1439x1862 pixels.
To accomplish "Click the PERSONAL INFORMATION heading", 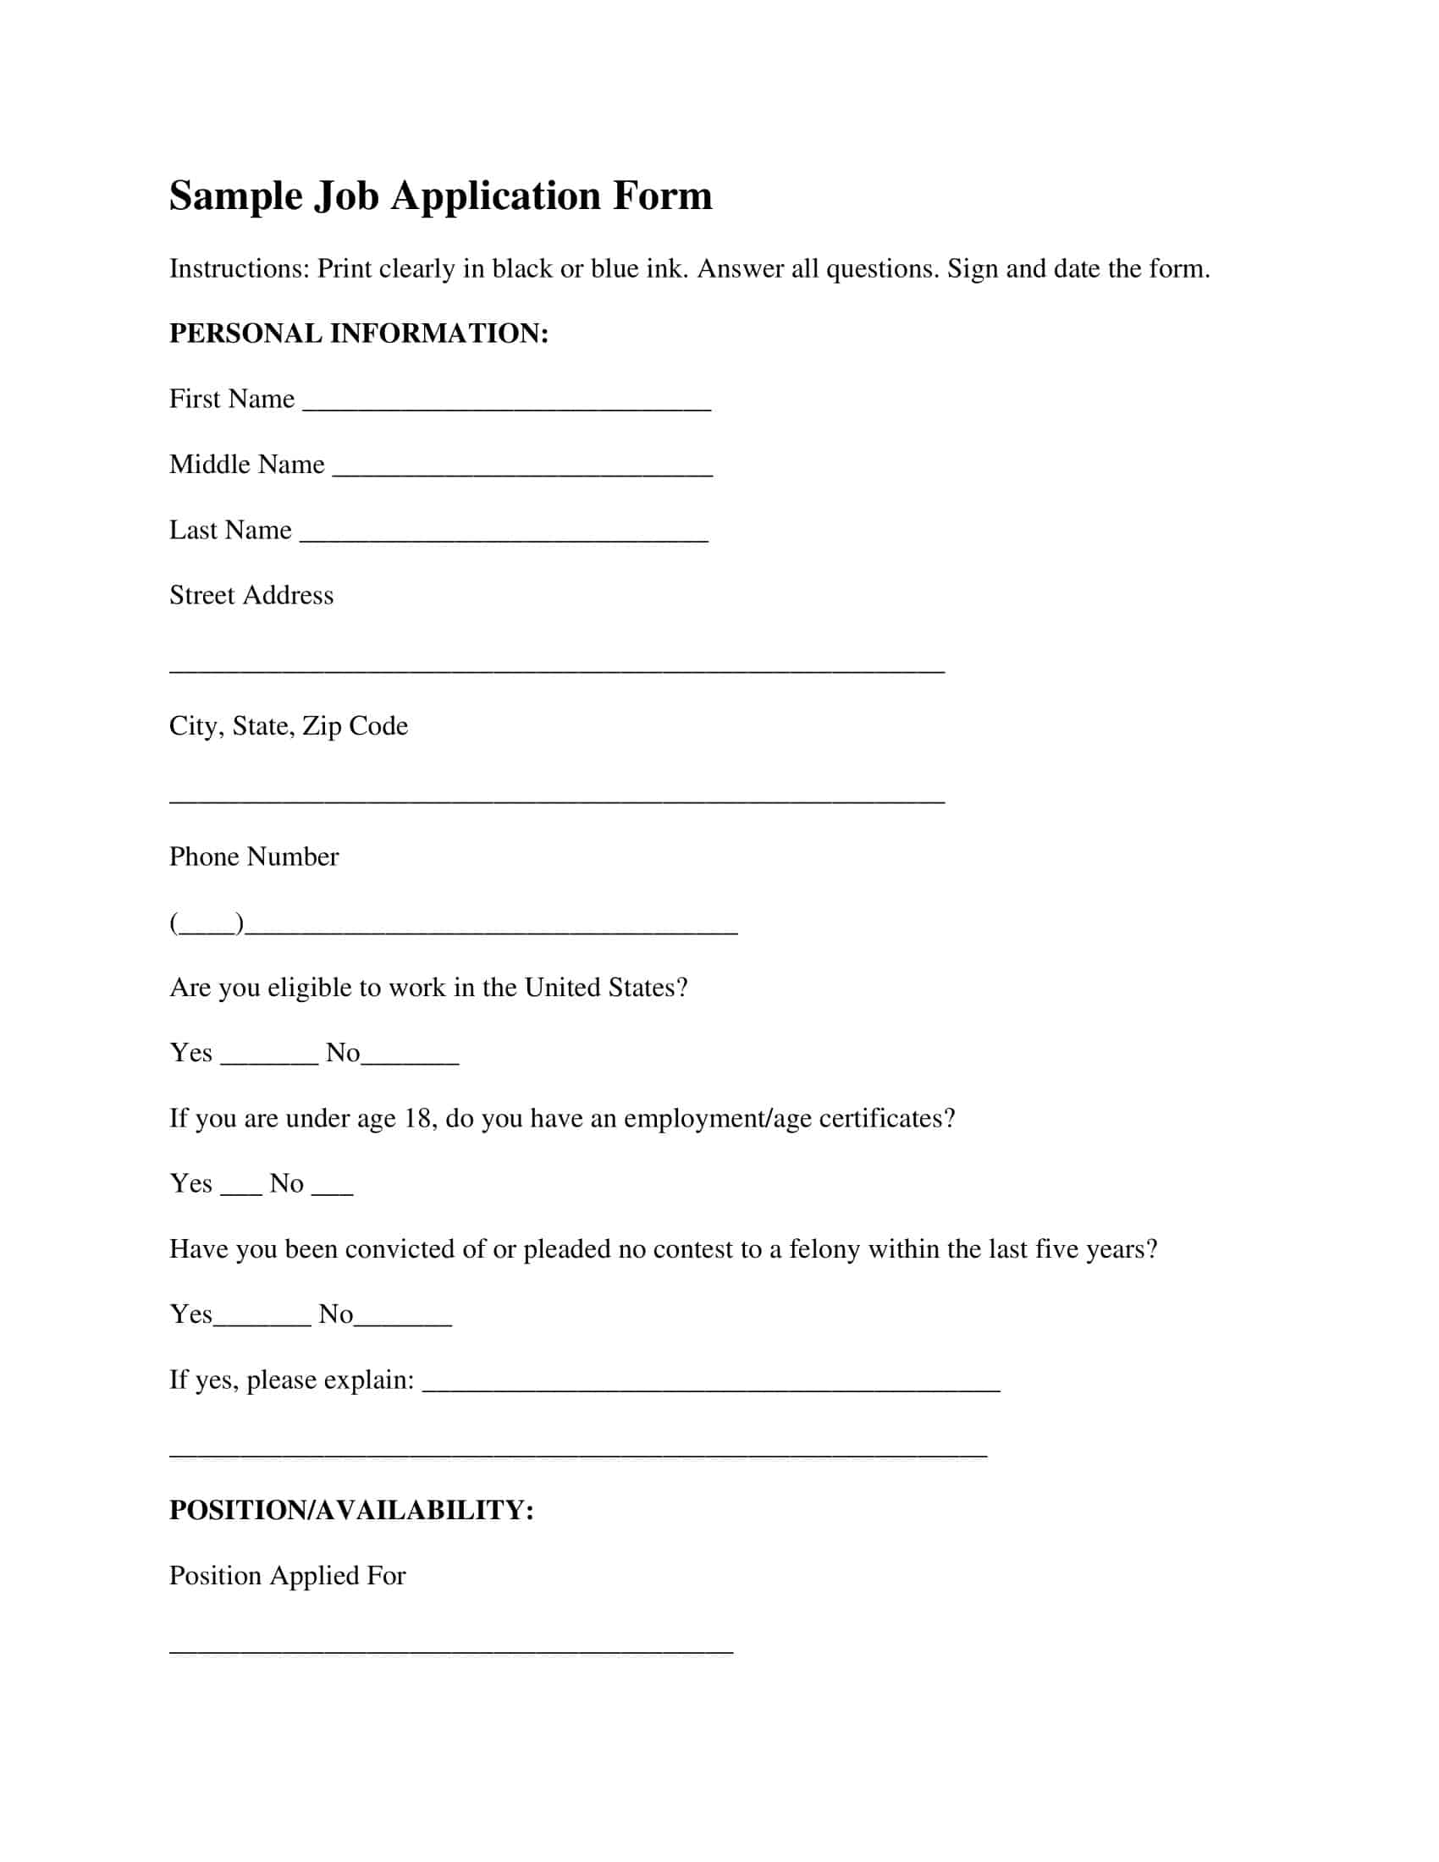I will coord(358,333).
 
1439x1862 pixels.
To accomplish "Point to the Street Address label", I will coord(251,595).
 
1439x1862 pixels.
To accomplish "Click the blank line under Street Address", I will coord(557,669).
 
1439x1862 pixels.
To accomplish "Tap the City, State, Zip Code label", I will coord(288,725).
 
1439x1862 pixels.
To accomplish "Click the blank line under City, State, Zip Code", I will coord(557,800).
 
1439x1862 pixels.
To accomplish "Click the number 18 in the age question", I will coord(417,1119).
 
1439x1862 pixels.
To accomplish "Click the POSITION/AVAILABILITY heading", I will coord(351,1510).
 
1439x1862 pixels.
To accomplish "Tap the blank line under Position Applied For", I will coord(451,1650).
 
